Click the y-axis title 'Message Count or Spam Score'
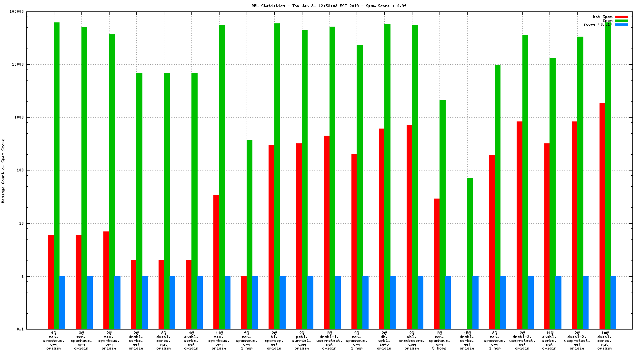coord(3,171)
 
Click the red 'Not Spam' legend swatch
coord(621,17)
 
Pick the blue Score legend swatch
coord(621,24)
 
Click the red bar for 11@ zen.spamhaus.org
coord(216,262)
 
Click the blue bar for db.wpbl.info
coord(393,302)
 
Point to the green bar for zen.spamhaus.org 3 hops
coord(442,214)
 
